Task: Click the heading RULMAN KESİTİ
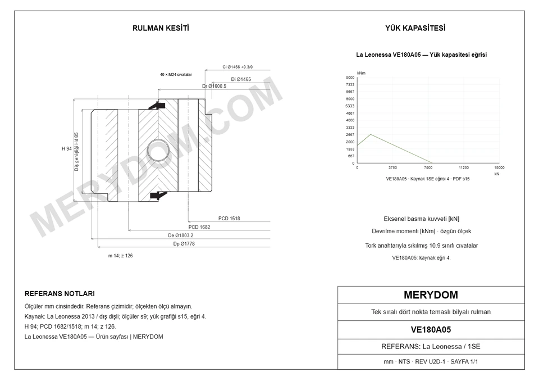point(161,28)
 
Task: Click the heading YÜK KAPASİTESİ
point(415,28)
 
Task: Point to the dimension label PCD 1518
point(229,218)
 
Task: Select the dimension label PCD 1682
point(199,227)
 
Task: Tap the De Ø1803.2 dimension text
point(180,235)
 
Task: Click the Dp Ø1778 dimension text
point(184,244)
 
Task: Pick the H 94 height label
point(67,149)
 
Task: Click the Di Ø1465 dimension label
point(241,79)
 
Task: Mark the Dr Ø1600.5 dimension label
point(214,86)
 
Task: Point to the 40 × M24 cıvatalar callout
point(176,74)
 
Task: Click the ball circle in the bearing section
point(158,150)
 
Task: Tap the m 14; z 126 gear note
point(120,256)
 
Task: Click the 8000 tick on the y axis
point(350,78)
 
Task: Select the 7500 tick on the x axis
point(428,167)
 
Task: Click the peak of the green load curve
point(371,134)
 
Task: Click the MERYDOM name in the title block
point(431,295)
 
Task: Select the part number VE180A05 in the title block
point(431,330)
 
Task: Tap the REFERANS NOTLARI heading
point(60,293)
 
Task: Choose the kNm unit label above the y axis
point(361,73)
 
